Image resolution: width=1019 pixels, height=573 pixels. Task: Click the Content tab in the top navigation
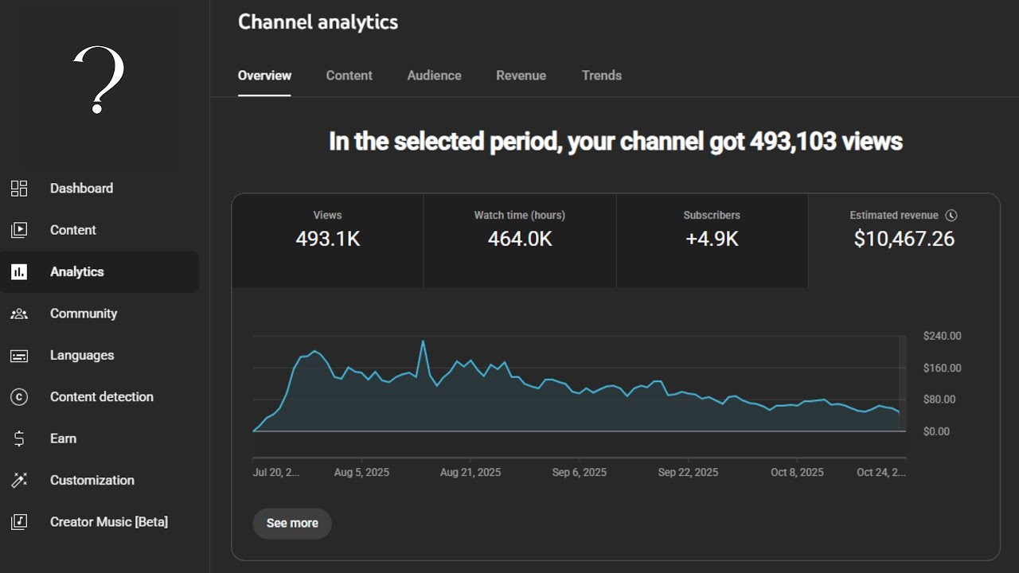click(349, 76)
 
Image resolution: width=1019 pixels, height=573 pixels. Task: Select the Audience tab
click(434, 76)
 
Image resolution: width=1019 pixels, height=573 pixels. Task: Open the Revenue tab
click(521, 76)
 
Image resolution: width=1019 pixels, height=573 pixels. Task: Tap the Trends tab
click(601, 76)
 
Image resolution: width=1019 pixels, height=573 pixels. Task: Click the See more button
click(292, 523)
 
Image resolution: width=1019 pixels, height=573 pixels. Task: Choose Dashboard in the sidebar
click(81, 189)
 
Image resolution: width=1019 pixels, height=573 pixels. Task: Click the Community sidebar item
click(83, 314)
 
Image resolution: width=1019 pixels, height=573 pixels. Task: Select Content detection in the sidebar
click(101, 396)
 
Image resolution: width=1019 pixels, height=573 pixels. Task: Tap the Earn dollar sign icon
click(19, 439)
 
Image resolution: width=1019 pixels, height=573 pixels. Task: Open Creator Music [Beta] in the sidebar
click(108, 522)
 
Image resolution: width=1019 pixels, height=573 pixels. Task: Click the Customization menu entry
click(92, 480)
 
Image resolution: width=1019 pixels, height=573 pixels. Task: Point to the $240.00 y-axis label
click(942, 336)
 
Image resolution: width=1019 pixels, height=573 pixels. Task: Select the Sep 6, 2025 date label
click(579, 472)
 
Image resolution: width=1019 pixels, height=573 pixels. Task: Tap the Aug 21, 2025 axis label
click(470, 472)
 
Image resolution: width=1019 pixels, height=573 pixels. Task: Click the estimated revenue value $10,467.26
click(904, 239)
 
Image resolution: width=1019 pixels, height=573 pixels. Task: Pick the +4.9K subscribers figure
click(712, 239)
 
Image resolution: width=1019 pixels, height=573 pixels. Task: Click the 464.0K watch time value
click(520, 239)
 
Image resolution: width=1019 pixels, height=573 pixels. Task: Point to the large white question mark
click(100, 80)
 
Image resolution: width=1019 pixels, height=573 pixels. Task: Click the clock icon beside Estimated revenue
click(951, 215)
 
